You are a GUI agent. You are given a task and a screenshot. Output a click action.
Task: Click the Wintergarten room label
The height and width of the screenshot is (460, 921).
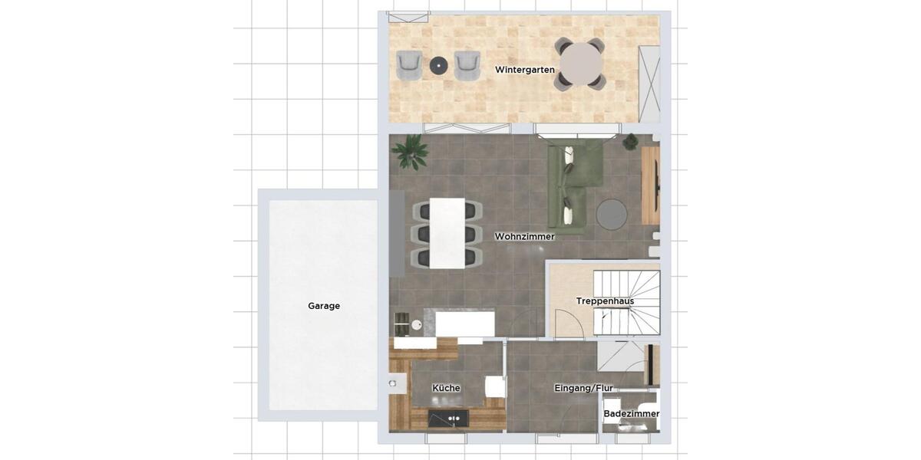pyautogui.click(x=525, y=70)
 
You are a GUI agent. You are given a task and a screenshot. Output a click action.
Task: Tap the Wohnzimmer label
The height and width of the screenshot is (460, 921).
pyautogui.click(x=525, y=236)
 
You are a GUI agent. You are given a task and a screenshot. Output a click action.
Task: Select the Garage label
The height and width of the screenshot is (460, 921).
pyautogui.click(x=324, y=306)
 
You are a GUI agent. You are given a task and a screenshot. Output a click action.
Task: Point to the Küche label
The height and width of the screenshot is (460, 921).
pyautogui.click(x=446, y=388)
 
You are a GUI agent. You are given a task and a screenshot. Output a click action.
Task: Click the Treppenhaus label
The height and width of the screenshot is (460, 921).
pyautogui.click(x=605, y=301)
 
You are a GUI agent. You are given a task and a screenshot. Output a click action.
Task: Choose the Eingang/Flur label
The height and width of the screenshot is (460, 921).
pyautogui.click(x=583, y=388)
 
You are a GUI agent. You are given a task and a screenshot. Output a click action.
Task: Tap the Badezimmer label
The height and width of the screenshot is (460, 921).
pyautogui.click(x=631, y=414)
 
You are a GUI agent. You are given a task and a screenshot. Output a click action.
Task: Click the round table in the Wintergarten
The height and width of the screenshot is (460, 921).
pyautogui.click(x=581, y=64)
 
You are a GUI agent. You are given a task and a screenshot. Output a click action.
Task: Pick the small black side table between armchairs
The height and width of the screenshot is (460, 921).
pyautogui.click(x=438, y=66)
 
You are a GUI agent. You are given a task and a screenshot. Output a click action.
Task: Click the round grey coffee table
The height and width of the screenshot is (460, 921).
pyautogui.click(x=612, y=214)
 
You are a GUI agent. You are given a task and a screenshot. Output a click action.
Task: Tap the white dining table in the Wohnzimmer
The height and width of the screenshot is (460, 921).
pyautogui.click(x=447, y=233)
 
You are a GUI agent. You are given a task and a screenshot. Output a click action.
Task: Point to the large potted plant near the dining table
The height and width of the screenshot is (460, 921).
pyautogui.click(x=410, y=151)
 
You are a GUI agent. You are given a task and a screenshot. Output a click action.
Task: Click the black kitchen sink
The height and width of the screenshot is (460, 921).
pyautogui.click(x=448, y=419)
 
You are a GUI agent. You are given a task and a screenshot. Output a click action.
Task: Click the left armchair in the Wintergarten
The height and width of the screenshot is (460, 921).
pyautogui.click(x=409, y=65)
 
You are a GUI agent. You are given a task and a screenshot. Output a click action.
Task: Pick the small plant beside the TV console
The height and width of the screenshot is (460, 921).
pyautogui.click(x=630, y=141)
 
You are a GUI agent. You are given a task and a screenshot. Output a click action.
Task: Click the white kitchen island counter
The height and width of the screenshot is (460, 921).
pyautogui.click(x=464, y=324)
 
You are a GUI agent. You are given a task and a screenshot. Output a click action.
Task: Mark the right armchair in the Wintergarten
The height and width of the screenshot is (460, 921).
pyautogui.click(x=467, y=65)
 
